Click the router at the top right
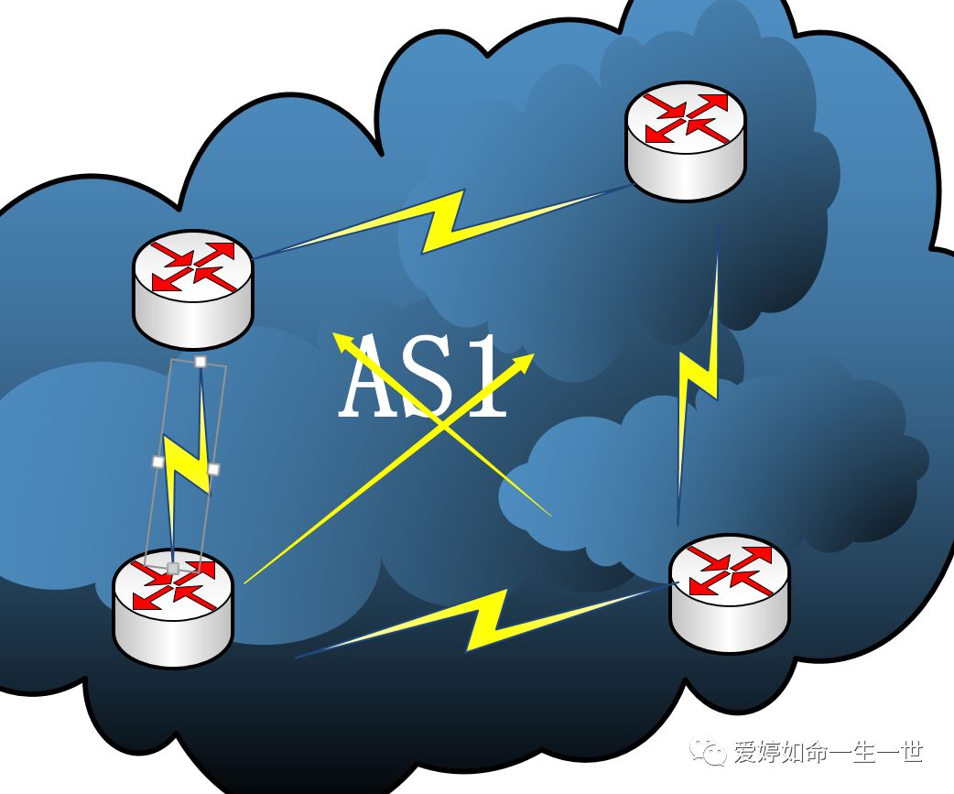pyautogui.click(x=686, y=141)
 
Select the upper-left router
pyautogui.click(x=192, y=288)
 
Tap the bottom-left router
pyautogui.click(x=173, y=609)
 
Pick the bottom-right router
pyautogui.click(x=729, y=594)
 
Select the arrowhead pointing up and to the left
pyautogui.click(x=340, y=341)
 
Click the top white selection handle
pyautogui.click(x=201, y=362)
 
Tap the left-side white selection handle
pyautogui.click(x=157, y=462)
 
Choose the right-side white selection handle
pyautogui.click(x=213, y=469)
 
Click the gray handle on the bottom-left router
pyautogui.click(x=172, y=569)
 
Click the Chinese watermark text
pyautogui.click(x=828, y=752)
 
